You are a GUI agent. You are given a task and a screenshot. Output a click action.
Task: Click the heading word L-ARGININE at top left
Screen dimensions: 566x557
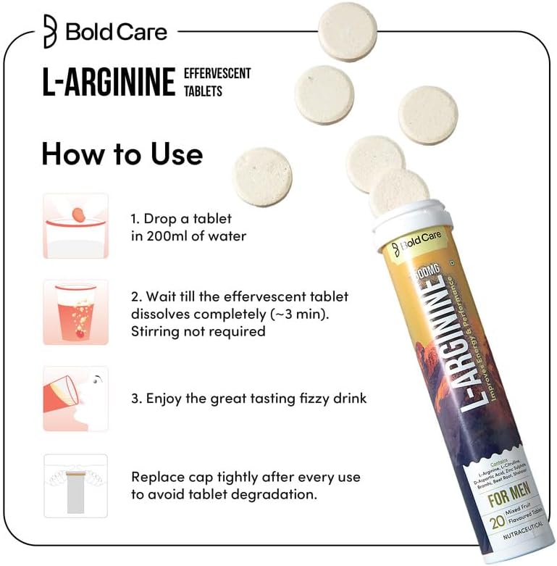(109, 83)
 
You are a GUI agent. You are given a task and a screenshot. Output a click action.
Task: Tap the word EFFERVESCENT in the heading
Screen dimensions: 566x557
(217, 74)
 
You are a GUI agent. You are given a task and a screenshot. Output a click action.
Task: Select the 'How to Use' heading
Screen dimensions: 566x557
(122, 154)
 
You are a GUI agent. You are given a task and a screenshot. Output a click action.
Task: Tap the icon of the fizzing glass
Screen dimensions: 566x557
(76, 312)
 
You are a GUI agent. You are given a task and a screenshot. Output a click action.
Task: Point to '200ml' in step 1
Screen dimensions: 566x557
(170, 236)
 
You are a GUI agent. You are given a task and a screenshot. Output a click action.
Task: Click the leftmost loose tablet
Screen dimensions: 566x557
(262, 176)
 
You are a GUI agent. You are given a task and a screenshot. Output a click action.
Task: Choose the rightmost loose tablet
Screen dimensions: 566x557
(429, 115)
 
